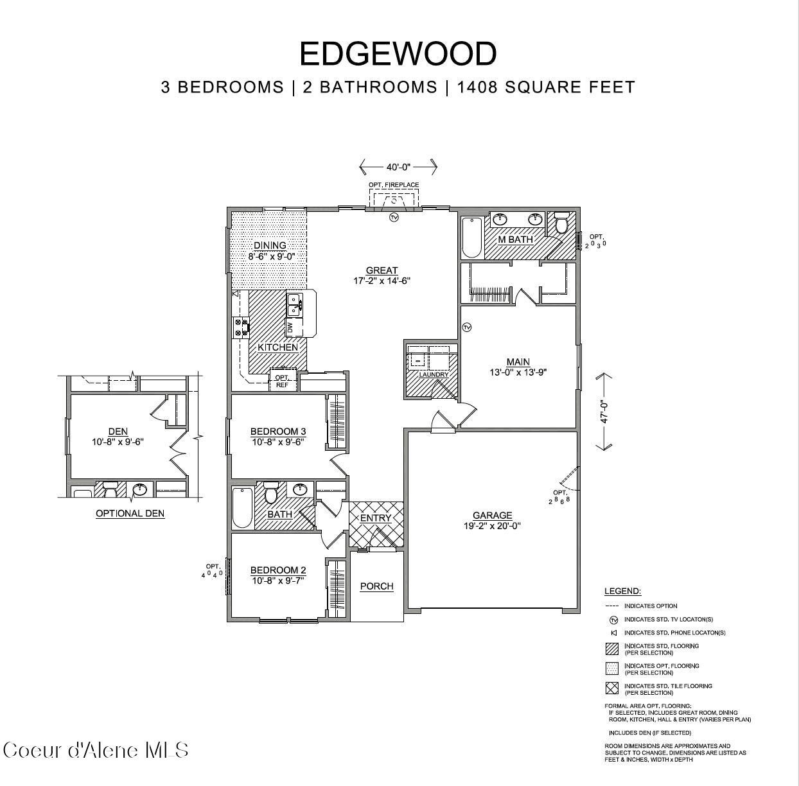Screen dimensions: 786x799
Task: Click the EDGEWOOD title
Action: coord(398,53)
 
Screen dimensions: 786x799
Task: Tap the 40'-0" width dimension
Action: coord(398,167)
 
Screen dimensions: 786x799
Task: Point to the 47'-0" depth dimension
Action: coord(604,412)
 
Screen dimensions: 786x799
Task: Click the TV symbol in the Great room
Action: coord(394,218)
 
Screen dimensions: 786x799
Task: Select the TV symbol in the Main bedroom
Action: coord(467,327)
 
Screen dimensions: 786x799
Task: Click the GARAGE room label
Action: coord(492,515)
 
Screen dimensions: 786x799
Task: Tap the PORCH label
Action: coord(376,586)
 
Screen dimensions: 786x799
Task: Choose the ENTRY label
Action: coord(376,518)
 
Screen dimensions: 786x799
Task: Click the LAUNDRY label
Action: coord(433,375)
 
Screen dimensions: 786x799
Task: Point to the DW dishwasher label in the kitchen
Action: coord(290,327)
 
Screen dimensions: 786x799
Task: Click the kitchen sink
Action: coord(294,304)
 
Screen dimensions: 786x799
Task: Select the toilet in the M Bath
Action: coord(562,224)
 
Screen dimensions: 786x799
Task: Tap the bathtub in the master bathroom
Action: coord(472,237)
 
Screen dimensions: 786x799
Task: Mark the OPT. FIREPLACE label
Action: coord(394,185)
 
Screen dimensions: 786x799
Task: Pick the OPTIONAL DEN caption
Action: coord(130,513)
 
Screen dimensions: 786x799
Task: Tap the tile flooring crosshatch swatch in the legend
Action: coord(612,688)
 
